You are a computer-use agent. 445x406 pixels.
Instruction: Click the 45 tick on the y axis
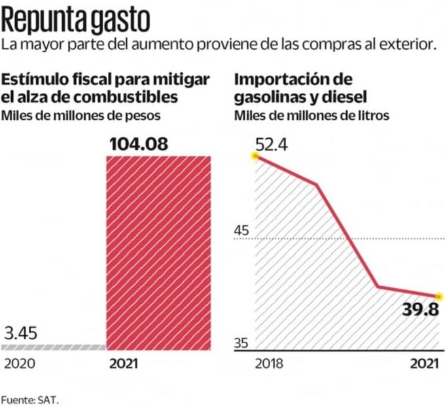coord(242,230)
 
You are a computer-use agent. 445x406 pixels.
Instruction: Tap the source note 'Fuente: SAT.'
coord(34,397)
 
